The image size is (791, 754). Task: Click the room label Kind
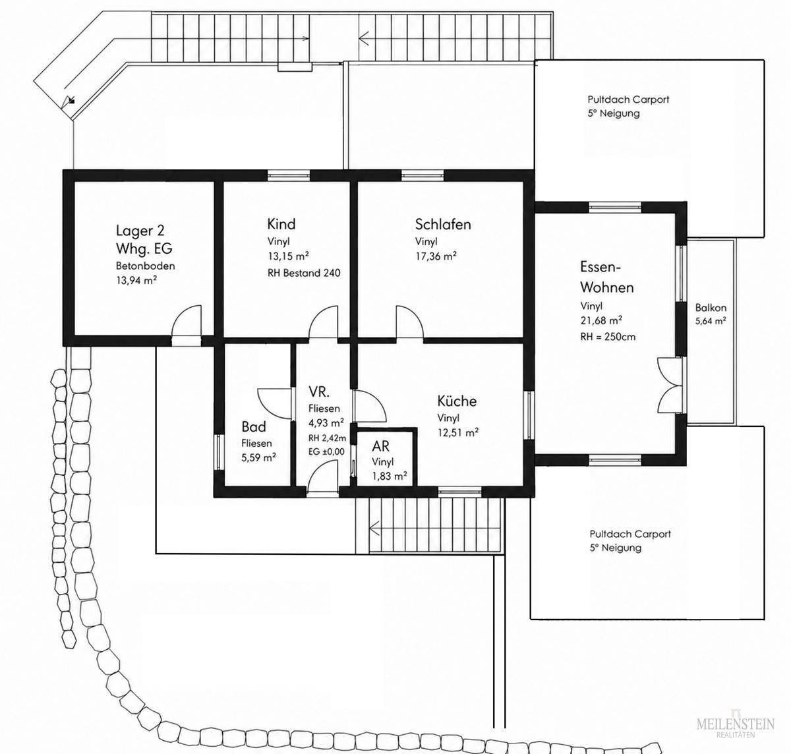[x=281, y=223]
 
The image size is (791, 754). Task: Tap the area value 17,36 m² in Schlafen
[x=436, y=256]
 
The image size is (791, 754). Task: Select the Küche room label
[x=457, y=401]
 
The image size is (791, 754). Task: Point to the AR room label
[x=380, y=446]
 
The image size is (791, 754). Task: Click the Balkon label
[x=711, y=308]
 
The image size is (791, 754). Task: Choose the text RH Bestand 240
[x=304, y=273]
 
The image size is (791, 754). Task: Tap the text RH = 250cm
[x=608, y=337]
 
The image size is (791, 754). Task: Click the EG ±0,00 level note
[x=326, y=451]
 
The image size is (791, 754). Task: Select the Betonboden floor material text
[x=145, y=266]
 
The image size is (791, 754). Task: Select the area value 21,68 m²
[x=601, y=321]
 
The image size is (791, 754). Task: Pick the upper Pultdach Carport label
[x=628, y=106]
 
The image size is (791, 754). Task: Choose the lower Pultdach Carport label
[x=630, y=540]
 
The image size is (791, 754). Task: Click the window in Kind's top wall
[x=289, y=176]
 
